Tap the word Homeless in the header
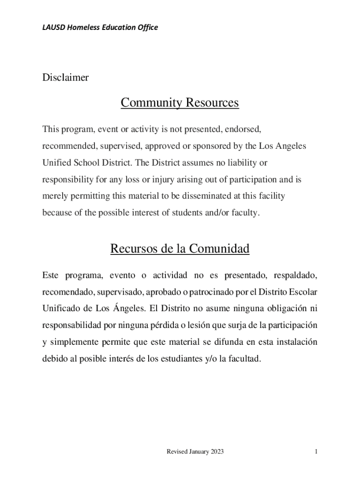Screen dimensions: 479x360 81,27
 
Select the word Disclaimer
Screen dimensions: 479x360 65,78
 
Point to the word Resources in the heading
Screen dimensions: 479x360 212,102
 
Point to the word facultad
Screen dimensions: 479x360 242,359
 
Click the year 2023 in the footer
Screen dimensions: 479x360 216,452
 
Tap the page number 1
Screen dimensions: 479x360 317,452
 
